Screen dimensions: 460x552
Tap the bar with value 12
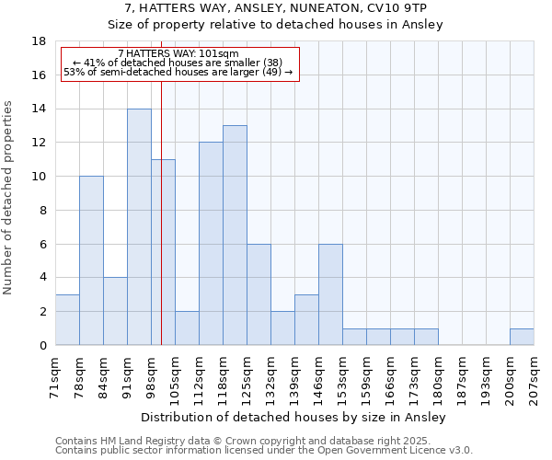(211, 244)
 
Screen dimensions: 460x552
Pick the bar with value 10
(91, 260)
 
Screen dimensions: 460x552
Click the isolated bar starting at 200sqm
(522, 337)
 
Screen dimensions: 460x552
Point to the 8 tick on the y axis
(42, 211)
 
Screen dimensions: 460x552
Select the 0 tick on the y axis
(42, 346)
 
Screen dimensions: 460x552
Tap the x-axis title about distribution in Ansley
(294, 417)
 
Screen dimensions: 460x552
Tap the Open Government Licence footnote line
(263, 450)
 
